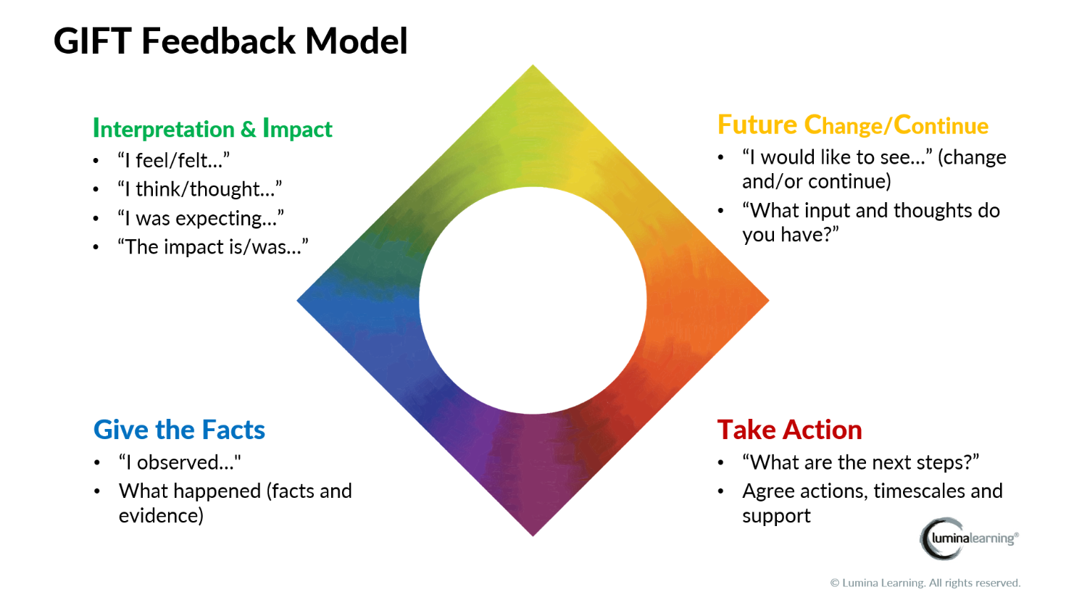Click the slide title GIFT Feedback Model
point(230,41)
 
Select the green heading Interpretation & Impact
point(212,129)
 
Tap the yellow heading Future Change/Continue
point(852,125)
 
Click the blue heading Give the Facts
point(179,430)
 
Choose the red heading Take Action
point(789,430)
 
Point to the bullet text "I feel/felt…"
point(174,160)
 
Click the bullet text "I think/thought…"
point(200,189)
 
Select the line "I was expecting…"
point(201,218)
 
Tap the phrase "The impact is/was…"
point(213,247)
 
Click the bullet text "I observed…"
point(180,462)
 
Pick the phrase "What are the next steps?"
point(860,462)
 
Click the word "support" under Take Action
point(776,516)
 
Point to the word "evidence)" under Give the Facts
point(161,516)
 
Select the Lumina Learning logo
point(969,538)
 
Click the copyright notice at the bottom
point(925,583)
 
